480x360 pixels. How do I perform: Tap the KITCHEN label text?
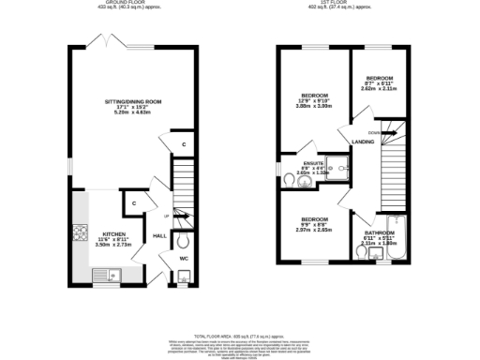click(114, 233)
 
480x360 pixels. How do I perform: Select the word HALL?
click(159, 236)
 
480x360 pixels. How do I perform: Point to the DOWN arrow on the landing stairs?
click(376, 132)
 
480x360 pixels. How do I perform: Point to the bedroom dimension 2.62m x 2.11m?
click(379, 89)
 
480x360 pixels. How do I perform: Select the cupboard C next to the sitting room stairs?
click(184, 144)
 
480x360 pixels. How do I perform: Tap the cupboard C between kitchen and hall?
click(134, 202)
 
